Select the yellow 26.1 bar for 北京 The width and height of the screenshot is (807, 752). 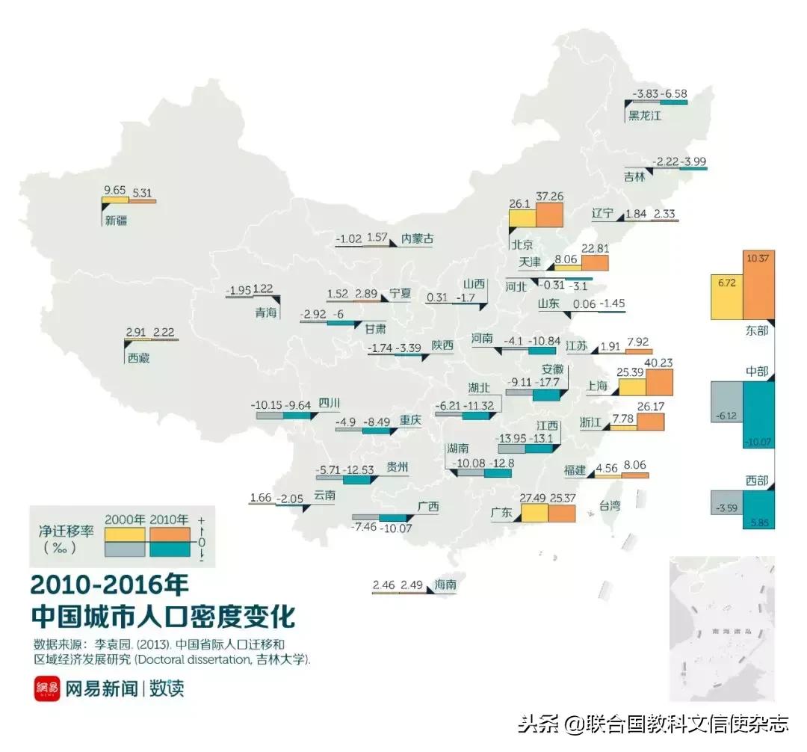click(x=522, y=218)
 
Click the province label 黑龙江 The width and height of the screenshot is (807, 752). click(x=644, y=115)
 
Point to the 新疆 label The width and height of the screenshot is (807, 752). click(x=116, y=220)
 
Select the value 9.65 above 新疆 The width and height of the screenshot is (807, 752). click(x=114, y=191)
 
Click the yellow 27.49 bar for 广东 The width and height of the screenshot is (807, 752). click(x=534, y=513)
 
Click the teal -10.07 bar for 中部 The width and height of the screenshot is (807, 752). click(x=758, y=414)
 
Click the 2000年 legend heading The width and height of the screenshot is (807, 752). click(x=126, y=520)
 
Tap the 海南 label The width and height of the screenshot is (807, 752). click(x=445, y=585)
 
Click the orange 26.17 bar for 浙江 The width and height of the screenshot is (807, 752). click(x=650, y=422)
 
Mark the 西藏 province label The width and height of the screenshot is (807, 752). click(x=138, y=358)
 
